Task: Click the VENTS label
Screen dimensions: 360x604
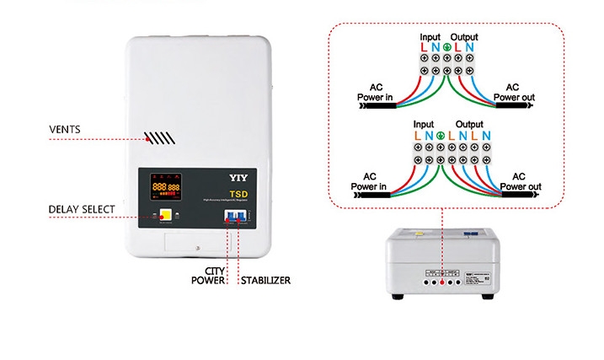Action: [64, 129]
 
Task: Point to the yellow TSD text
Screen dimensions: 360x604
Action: [238, 192]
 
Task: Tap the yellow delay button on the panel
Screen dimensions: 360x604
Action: [167, 215]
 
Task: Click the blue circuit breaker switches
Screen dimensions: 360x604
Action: [235, 217]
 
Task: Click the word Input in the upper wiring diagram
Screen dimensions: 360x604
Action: [430, 37]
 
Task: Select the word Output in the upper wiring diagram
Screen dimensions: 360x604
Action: [464, 37]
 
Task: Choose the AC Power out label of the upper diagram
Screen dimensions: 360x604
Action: [511, 92]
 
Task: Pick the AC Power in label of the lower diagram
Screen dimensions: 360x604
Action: [368, 180]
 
